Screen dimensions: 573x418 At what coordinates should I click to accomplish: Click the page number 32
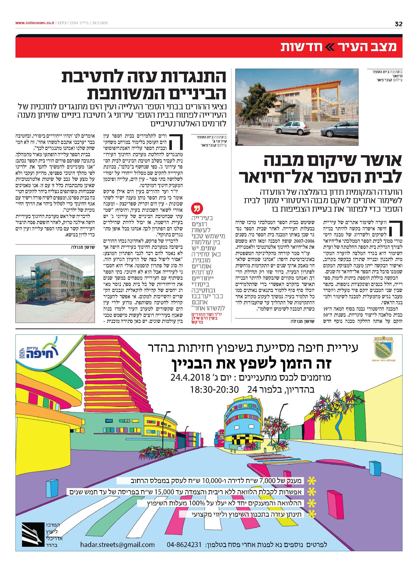(398, 24)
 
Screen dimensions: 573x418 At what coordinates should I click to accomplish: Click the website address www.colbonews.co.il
(34, 23)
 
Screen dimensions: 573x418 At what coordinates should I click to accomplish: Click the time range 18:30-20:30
(215, 390)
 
